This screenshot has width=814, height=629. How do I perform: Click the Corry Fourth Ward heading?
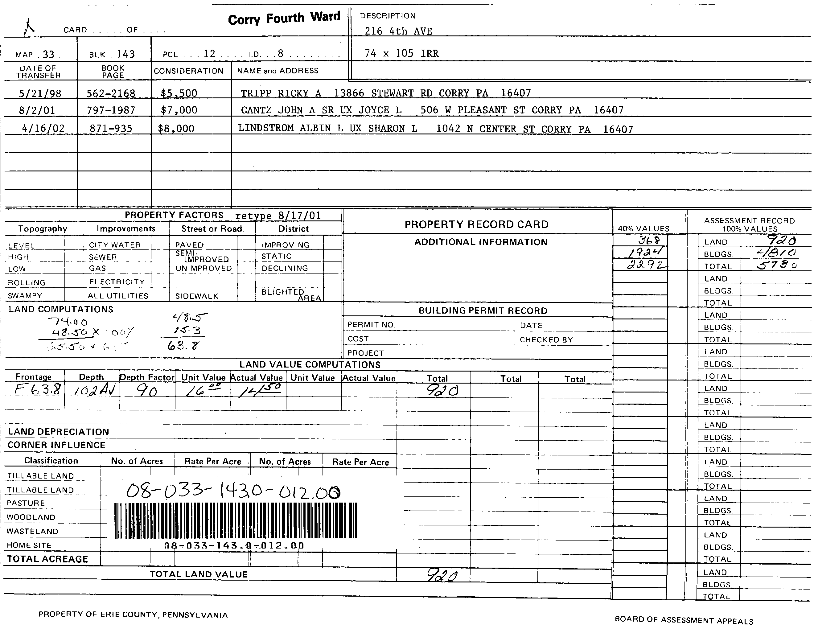pos(284,18)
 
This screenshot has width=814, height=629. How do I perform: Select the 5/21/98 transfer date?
pos(40,93)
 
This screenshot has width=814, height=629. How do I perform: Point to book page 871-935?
pos(111,129)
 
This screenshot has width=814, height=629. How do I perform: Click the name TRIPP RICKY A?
pos(281,93)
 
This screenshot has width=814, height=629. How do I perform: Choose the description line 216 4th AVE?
pos(398,31)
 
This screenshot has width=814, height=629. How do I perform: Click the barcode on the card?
pos(235,520)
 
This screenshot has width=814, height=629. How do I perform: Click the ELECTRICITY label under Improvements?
pos(117,282)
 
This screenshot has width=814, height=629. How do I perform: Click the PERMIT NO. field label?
pos(371,325)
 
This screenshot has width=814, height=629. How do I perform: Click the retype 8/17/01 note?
pos(278,216)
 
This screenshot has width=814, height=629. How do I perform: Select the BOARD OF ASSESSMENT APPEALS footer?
pos(684,620)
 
